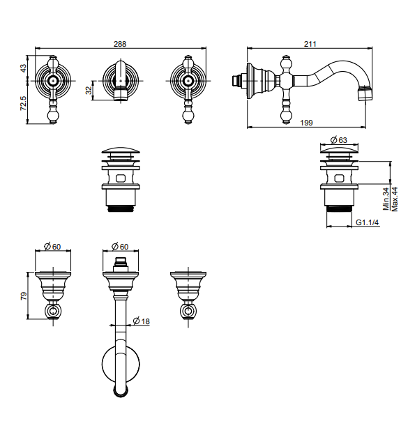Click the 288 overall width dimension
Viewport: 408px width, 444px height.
(120, 44)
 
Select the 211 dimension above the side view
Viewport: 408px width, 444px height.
(310, 44)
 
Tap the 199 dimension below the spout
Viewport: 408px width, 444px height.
(306, 123)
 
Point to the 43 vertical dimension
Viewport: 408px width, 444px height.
(23, 68)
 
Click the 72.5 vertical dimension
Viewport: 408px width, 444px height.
(23, 103)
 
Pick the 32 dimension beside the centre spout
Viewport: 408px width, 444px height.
(89, 91)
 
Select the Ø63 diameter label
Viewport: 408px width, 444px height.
(338, 140)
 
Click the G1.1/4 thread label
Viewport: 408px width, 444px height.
(367, 222)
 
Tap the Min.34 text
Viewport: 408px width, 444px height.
(386, 199)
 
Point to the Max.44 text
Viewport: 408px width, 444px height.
(395, 199)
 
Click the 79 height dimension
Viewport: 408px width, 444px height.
(24, 296)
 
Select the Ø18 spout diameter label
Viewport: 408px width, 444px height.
(141, 321)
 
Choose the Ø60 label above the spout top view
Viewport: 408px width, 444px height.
(120, 247)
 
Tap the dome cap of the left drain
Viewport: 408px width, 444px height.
(121, 150)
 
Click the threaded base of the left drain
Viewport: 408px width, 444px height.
(121, 209)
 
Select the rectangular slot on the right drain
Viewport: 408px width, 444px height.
(339, 178)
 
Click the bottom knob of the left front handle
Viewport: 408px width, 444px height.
(53, 116)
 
